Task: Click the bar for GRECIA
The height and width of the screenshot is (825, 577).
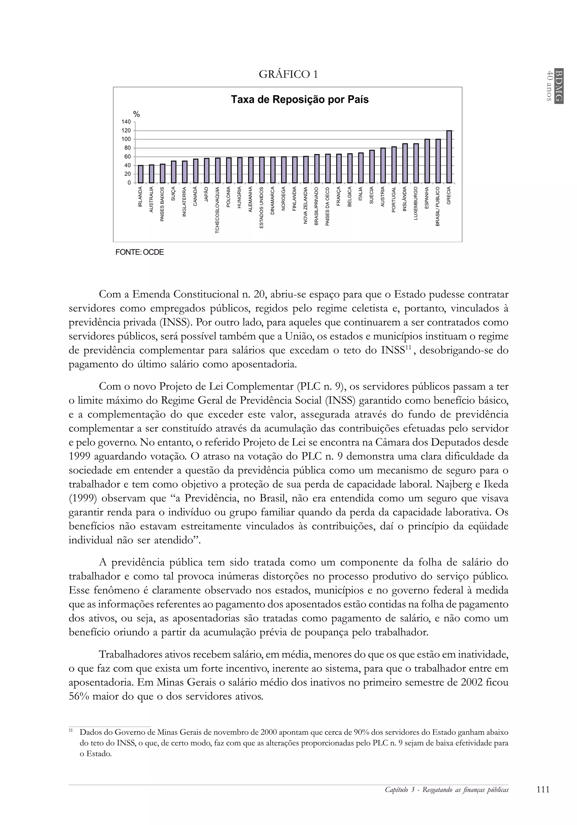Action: [449, 157]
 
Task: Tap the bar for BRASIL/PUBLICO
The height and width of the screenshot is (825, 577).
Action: [438, 161]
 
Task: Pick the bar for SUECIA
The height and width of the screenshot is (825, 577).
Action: [372, 166]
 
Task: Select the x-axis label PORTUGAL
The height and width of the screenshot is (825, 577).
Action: [394, 199]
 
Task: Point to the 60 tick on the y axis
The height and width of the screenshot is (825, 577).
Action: [128, 157]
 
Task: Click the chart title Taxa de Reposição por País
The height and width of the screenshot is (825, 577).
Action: [299, 100]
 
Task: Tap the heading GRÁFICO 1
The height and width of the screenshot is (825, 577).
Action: [288, 74]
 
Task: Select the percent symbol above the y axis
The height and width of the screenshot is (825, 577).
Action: [136, 114]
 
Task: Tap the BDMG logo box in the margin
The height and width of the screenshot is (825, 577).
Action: [558, 85]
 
